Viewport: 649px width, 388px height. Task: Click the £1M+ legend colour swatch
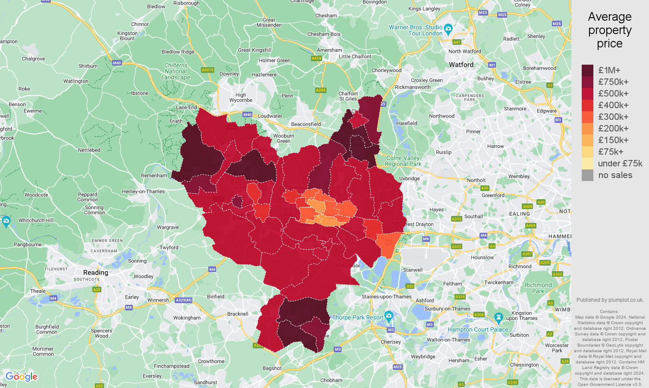point(587,70)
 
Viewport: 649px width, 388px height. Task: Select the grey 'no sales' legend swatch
point(587,175)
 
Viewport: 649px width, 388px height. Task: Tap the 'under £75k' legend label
point(620,163)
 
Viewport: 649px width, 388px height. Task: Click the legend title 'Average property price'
point(609,30)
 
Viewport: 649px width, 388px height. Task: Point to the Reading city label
point(96,272)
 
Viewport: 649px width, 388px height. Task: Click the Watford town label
point(461,65)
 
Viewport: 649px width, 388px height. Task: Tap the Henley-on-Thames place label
point(143,191)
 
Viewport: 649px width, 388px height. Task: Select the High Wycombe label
point(241,97)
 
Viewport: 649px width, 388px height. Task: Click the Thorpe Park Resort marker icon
point(389,316)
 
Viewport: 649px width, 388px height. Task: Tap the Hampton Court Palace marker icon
point(499,318)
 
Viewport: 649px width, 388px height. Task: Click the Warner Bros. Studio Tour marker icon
point(448,29)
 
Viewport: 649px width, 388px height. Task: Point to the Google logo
point(22,377)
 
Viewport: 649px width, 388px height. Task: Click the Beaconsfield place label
point(306,124)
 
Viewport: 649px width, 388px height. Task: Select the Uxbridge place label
point(409,178)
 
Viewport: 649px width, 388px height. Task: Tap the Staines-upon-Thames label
point(386,297)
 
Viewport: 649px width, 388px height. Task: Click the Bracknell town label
point(238,314)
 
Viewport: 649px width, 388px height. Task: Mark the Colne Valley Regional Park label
point(403,161)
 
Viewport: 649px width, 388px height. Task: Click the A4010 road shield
point(207,70)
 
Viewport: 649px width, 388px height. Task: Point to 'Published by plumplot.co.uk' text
point(610,300)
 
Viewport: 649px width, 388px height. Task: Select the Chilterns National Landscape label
point(176,72)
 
